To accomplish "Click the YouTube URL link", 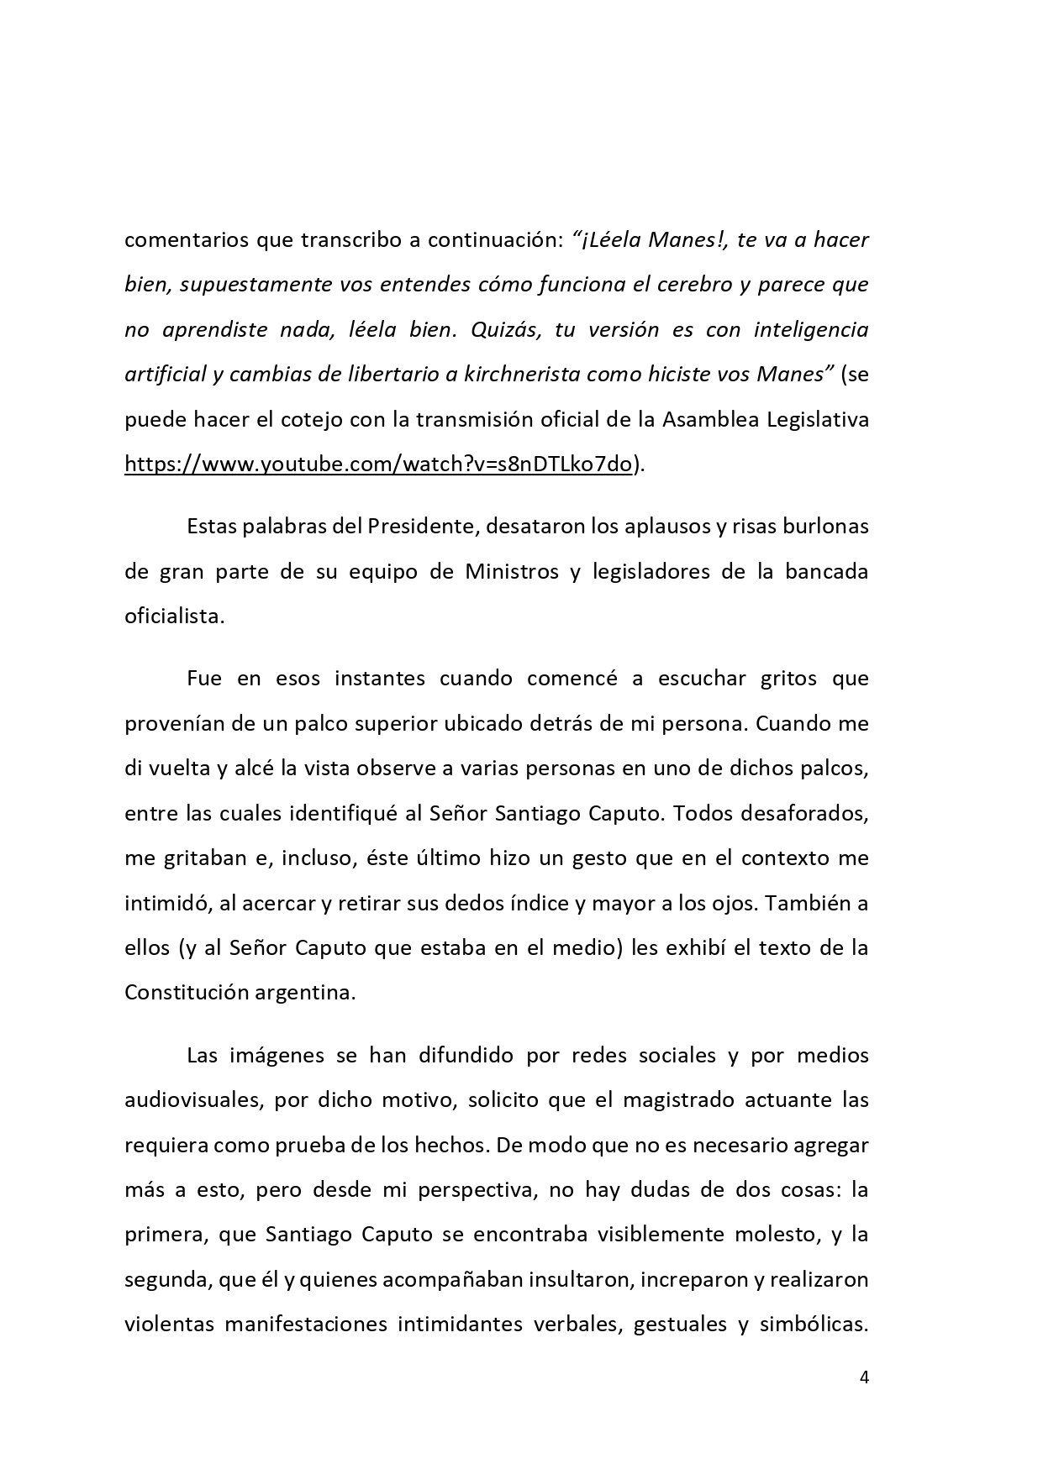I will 378,464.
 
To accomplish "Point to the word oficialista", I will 174,616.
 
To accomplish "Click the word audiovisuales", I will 191,1099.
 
